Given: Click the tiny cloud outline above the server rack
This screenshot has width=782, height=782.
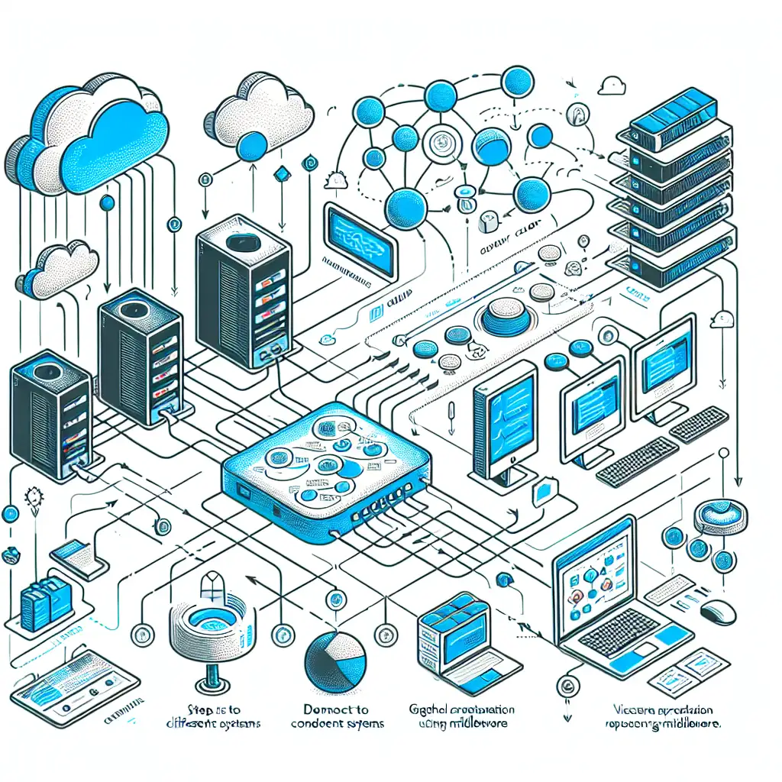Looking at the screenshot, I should pyautogui.click(x=612, y=86).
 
